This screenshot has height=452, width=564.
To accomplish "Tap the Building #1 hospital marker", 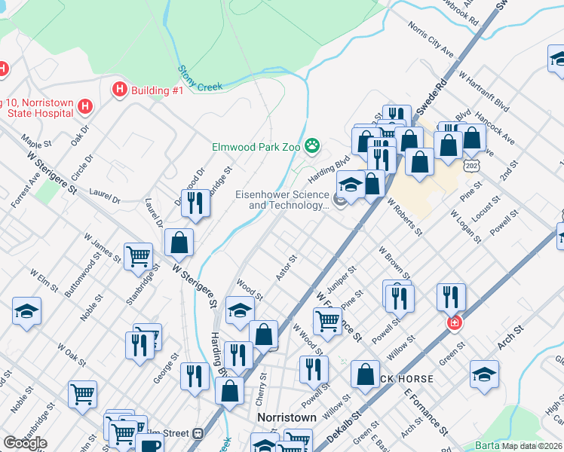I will coord(119,90).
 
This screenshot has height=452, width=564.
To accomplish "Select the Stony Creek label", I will coord(201,78).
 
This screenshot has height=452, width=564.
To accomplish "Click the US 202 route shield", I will coord(471,165).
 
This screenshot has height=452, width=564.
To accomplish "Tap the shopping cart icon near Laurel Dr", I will coord(139,256).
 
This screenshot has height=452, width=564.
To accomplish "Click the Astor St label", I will coord(287,267).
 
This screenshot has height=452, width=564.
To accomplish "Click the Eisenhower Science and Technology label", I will coord(283,200).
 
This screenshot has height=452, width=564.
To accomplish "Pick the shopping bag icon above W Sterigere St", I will coord(179,243).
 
